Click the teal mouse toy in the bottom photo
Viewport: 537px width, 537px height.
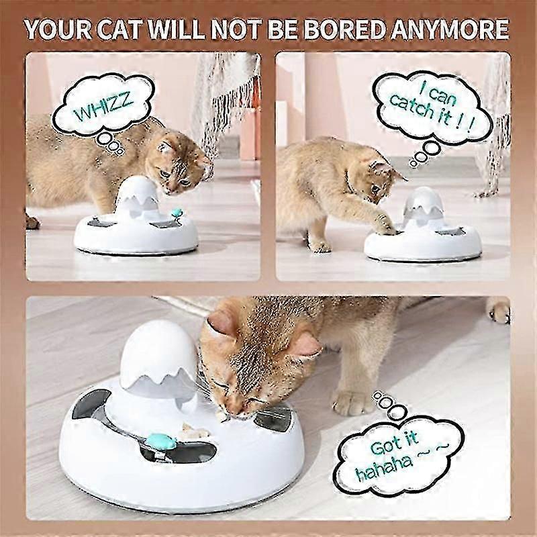click(161, 440)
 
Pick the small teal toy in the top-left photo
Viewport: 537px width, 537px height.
click(177, 213)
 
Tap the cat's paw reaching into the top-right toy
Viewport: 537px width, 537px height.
click(387, 225)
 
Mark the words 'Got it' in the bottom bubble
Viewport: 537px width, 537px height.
click(395, 443)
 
